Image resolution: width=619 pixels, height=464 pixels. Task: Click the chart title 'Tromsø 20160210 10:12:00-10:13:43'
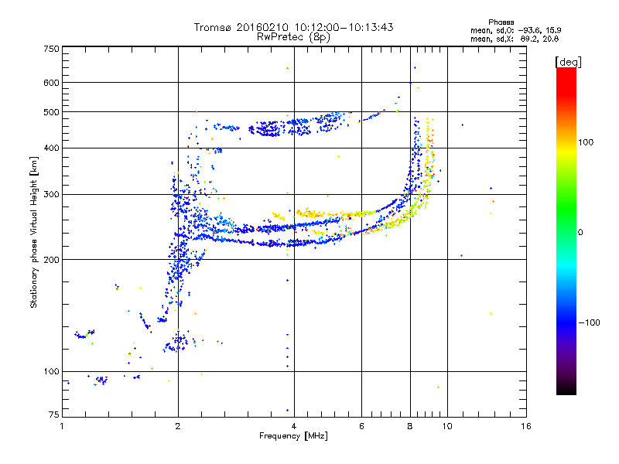coord(293,27)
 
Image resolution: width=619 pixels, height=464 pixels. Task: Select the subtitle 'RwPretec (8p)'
coord(293,36)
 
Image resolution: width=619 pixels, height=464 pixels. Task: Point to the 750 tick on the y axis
coord(52,49)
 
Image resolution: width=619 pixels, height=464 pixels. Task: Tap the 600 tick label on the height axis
coord(52,83)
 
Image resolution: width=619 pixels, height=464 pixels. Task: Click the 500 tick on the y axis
coord(52,112)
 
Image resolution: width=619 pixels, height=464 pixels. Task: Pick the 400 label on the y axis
coord(52,148)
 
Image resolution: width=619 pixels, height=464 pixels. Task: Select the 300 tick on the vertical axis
coord(52,194)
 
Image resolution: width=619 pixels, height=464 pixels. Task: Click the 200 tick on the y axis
coord(52,260)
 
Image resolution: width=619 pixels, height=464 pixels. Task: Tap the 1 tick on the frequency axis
coord(62,426)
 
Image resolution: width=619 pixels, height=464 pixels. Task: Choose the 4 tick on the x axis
coord(294,426)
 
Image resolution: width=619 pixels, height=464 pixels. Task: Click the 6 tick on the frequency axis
coord(361,426)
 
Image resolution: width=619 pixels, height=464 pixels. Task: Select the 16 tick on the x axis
coord(525,426)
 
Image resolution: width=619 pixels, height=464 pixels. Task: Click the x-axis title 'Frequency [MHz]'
coord(293,437)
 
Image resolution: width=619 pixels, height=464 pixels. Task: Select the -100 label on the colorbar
coord(589,322)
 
